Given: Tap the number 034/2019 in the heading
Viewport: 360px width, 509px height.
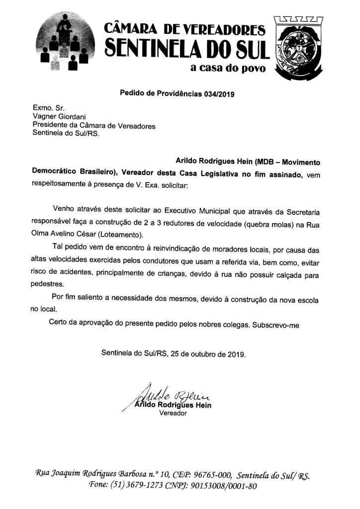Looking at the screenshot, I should click(219, 93).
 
